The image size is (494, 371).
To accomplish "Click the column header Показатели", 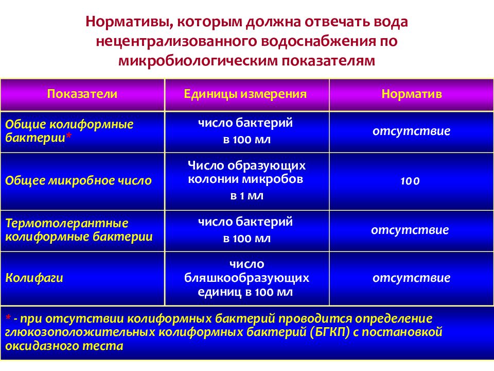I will click(x=82, y=94).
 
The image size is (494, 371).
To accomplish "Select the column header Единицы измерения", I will click(x=246, y=94).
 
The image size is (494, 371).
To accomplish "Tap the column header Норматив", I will click(x=412, y=94).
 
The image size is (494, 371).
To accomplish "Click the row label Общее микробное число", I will click(x=78, y=181).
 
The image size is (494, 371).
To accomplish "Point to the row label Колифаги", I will click(x=34, y=278).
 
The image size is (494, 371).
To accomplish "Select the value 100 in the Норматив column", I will click(x=411, y=181).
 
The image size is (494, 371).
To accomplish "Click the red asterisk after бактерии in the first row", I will click(x=68, y=138).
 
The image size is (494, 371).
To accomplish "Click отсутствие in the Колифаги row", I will click(x=411, y=279).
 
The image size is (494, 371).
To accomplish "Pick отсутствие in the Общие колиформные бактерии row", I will click(x=411, y=131).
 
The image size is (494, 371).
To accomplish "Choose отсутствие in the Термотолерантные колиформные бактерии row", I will click(x=410, y=230).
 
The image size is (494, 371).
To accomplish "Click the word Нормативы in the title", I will click(x=122, y=23).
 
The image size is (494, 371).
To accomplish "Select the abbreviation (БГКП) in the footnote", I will click(x=330, y=332).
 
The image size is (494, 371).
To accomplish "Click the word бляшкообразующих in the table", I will click(x=246, y=278).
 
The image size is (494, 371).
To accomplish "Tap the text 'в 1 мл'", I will click(x=246, y=196).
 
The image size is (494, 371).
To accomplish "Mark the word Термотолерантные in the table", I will click(x=67, y=224).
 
